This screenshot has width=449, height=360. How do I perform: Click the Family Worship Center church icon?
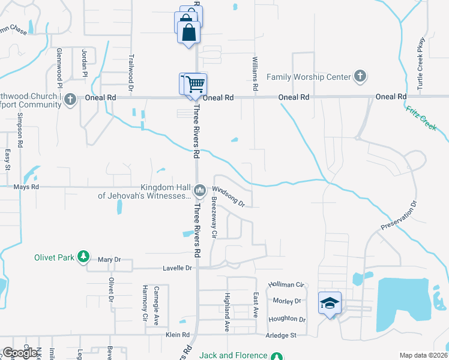click(x=360, y=77)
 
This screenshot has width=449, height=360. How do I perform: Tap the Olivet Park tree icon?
click(x=83, y=257)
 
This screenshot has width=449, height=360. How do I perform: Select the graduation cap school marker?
click(x=330, y=303)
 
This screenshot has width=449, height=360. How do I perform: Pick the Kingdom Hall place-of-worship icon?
click(x=199, y=190)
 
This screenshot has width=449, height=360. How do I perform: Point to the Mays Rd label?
click(x=26, y=187)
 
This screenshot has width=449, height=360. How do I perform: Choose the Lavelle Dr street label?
click(x=176, y=268)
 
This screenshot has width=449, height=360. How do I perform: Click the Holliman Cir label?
click(x=287, y=284)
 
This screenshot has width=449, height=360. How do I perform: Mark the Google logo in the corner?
click(x=20, y=353)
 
